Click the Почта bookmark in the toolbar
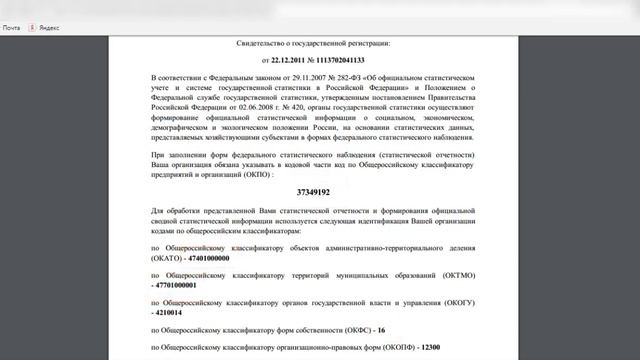point(12,28)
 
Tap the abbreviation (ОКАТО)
point(170,257)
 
